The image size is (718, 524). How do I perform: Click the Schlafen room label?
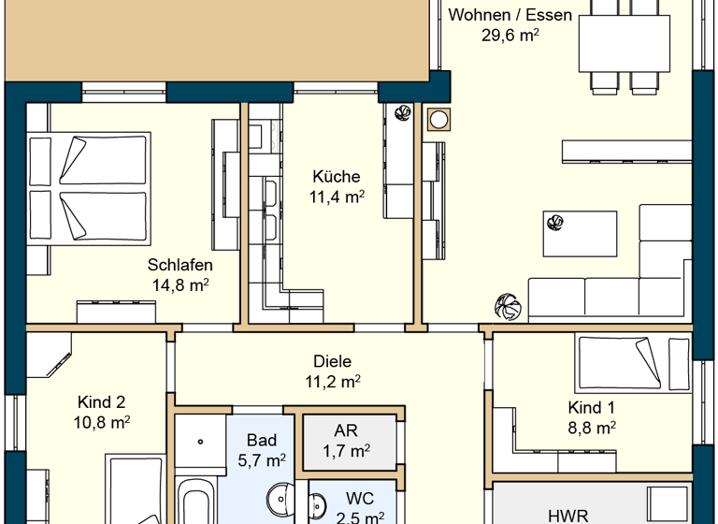tap(179, 266)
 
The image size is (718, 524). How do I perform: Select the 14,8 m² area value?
tap(179, 286)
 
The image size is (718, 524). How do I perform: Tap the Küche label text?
tap(337, 176)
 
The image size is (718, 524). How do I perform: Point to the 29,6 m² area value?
tap(510, 35)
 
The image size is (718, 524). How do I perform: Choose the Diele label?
tap(333, 360)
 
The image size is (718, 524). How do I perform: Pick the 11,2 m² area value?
tap(333, 381)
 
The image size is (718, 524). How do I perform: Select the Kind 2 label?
tap(101, 401)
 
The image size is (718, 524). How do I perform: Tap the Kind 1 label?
tap(592, 407)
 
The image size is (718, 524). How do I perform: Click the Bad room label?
tap(262, 440)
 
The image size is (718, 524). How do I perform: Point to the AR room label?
tap(346, 431)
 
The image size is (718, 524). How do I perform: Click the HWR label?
tap(567, 515)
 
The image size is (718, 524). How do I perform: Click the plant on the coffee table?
tap(555, 222)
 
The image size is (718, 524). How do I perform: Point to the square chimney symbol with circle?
tap(438, 118)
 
